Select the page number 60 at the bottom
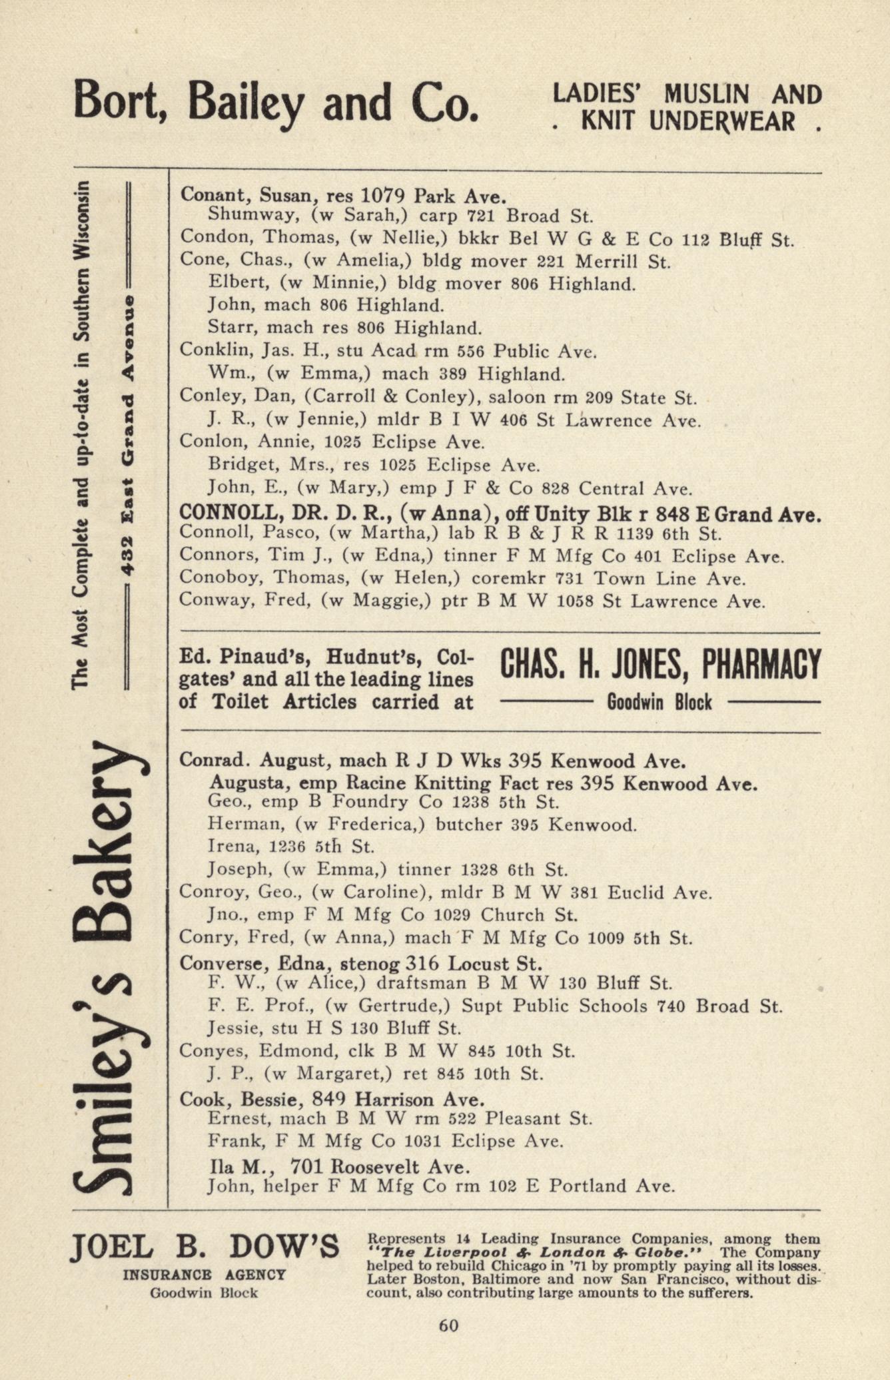click(x=448, y=1325)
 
